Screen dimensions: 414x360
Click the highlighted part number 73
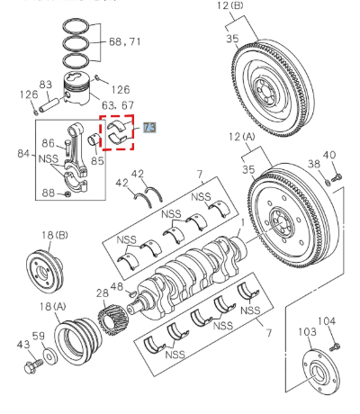(x=149, y=129)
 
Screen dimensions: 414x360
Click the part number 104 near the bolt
(x=326, y=320)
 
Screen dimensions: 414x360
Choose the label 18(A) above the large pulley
(x=57, y=307)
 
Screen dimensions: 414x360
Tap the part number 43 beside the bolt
(x=22, y=345)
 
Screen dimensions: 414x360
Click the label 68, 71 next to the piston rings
(x=125, y=41)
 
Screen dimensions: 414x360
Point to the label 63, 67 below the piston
(x=121, y=106)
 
